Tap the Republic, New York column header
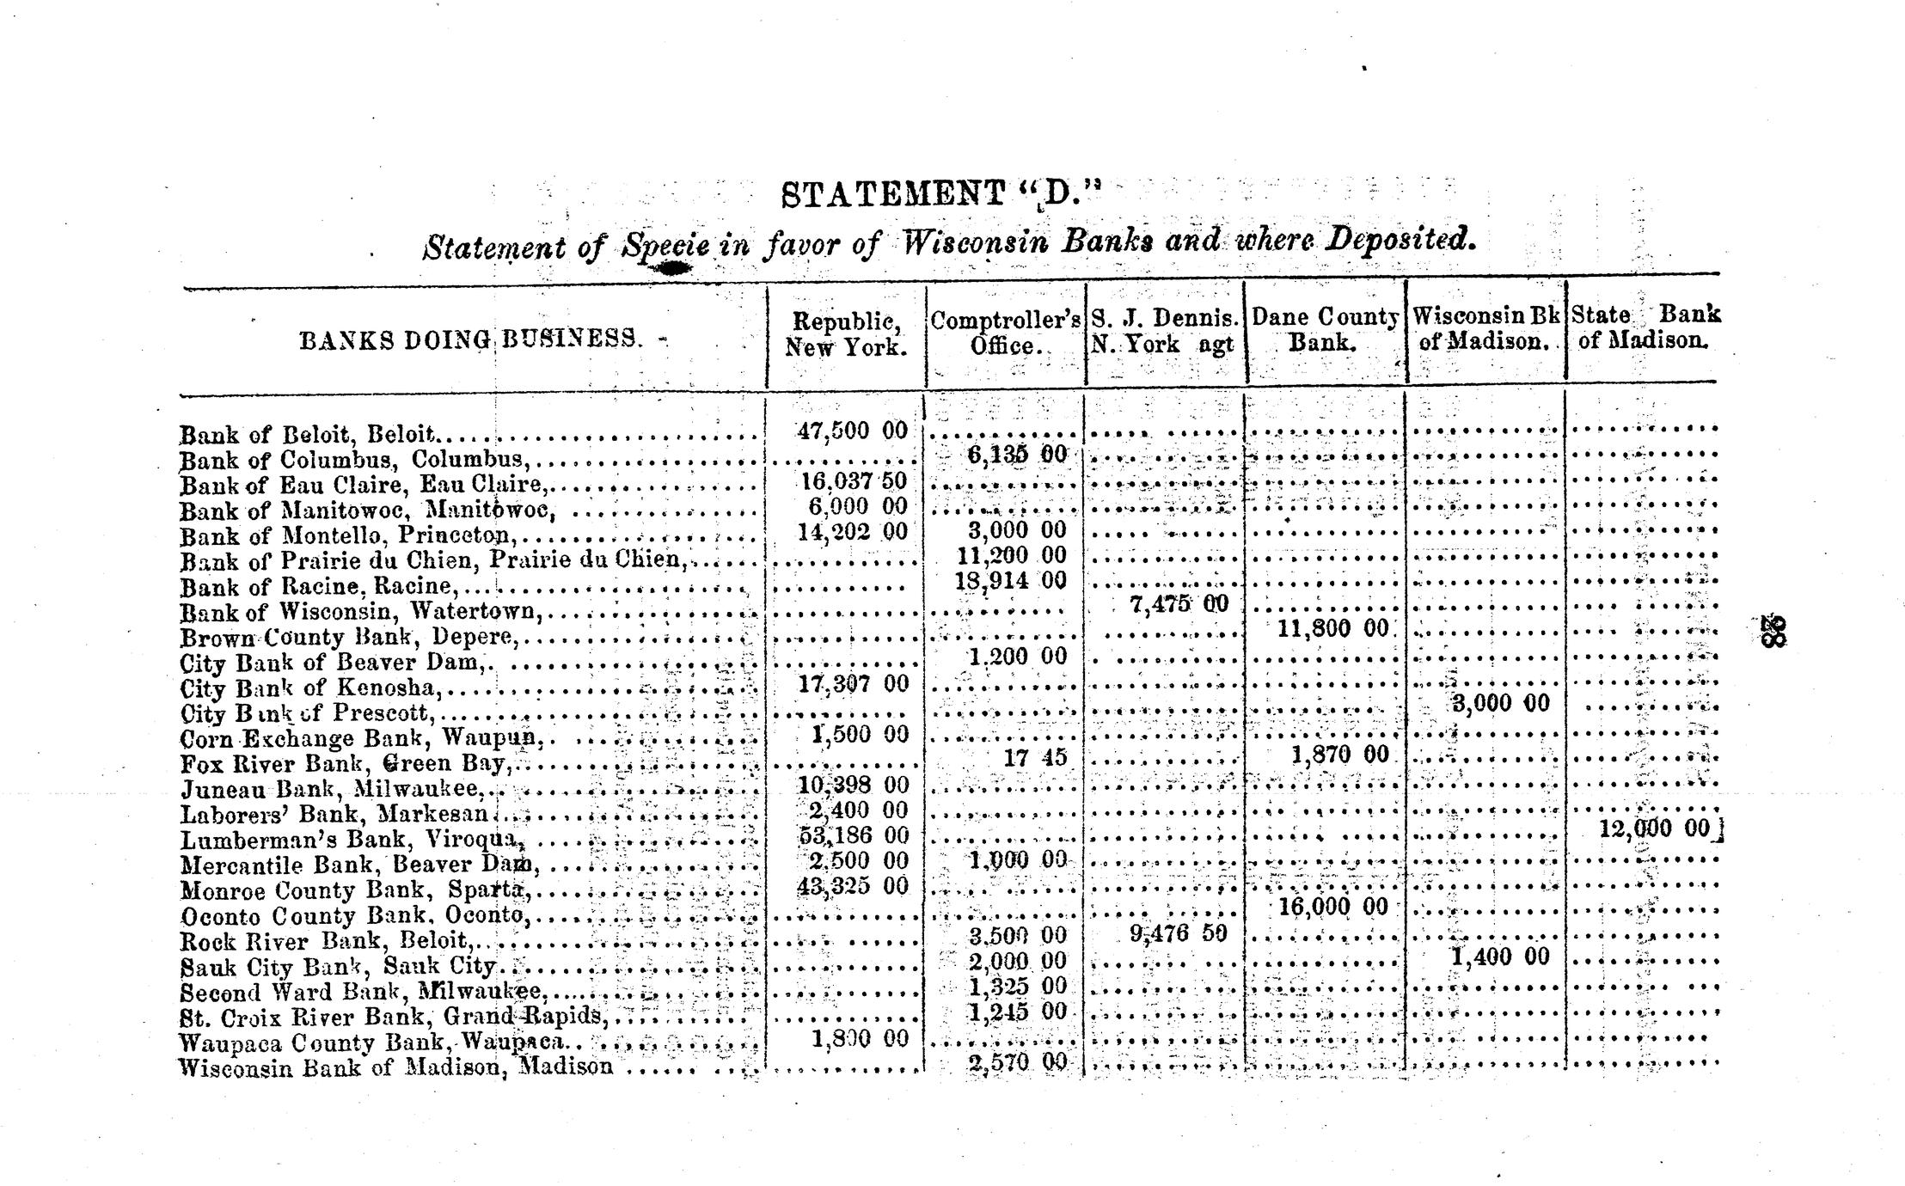[846, 334]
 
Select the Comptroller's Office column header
[1005, 333]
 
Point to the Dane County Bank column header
[1324, 330]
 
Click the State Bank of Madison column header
[1645, 327]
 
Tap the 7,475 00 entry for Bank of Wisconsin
[1179, 605]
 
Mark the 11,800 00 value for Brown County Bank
[1332, 629]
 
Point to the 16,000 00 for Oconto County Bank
[1333, 908]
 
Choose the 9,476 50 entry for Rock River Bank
[1178, 933]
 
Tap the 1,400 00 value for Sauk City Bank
[1499, 957]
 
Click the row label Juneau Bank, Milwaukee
[331, 788]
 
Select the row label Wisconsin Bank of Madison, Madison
[395, 1067]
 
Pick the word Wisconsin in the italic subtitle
[976, 241]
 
